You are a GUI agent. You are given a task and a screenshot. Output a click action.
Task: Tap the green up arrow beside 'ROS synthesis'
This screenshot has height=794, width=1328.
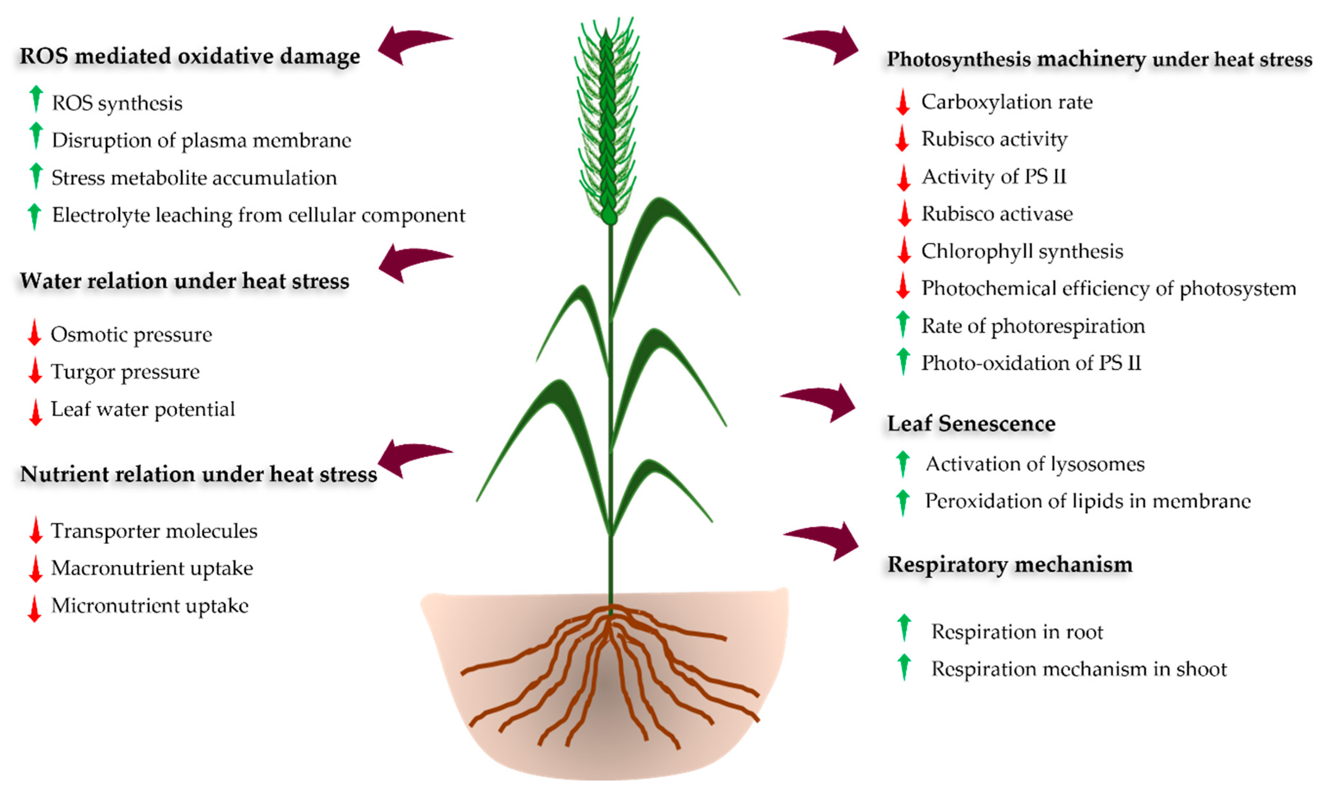[x=36, y=99]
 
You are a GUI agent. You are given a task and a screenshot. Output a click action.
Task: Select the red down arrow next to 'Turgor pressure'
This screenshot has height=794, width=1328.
[x=35, y=370]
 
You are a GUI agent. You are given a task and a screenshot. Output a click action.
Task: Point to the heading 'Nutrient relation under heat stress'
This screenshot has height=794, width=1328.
[x=198, y=475]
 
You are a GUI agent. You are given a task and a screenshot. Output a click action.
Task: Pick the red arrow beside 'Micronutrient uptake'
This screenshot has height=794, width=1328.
[x=35, y=608]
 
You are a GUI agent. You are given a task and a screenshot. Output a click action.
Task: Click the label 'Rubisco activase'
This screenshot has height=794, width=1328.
[x=997, y=214]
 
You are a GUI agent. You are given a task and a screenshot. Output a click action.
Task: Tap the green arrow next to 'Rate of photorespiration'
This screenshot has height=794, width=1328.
[x=903, y=324]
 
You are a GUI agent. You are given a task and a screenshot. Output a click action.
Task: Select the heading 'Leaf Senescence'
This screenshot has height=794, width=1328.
[x=971, y=424]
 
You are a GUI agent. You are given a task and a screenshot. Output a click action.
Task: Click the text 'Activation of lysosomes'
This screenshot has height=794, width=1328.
[x=1035, y=465]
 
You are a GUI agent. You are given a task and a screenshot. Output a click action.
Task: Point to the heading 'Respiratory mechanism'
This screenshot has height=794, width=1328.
[x=1009, y=565]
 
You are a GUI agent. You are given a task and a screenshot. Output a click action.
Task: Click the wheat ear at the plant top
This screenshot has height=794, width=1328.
[x=607, y=123]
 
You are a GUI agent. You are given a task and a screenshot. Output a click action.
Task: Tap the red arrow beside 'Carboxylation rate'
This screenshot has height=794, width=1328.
[x=902, y=101]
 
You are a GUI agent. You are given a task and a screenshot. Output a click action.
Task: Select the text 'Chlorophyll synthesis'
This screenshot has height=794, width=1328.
[x=1022, y=252]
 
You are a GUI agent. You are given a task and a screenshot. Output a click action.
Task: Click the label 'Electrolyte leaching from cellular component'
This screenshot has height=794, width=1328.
[x=259, y=215]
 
